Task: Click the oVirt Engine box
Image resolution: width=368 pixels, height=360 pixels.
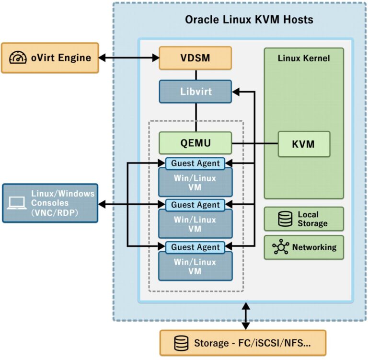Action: pyautogui.click(x=50, y=58)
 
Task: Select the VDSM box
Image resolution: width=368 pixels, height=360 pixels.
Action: pyautogui.click(x=195, y=58)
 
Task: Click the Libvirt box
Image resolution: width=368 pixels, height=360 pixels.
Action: pyautogui.click(x=195, y=91)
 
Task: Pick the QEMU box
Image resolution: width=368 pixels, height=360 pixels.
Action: pyautogui.click(x=195, y=143)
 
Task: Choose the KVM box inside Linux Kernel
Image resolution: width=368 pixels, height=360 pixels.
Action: pyautogui.click(x=304, y=144)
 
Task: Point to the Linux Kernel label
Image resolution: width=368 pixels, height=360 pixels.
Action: pyautogui.click(x=304, y=58)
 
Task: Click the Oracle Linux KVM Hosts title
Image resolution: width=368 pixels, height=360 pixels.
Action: pyautogui.click(x=249, y=20)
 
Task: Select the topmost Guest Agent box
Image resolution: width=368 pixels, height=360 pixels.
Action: pyautogui.click(x=195, y=163)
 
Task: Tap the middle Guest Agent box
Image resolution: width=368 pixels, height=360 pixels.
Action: pyautogui.click(x=195, y=205)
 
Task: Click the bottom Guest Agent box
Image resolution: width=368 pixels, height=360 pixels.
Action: pyautogui.click(x=195, y=247)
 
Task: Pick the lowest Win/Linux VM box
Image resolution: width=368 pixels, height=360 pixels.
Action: pyautogui.click(x=195, y=267)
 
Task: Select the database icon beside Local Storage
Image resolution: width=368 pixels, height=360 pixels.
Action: pyautogui.click(x=286, y=219)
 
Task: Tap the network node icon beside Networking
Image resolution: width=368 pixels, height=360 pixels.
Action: pyautogui.click(x=280, y=247)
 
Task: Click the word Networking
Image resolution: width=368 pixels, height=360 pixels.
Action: pyautogui.click(x=314, y=247)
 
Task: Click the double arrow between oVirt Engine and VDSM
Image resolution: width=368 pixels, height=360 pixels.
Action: pyautogui.click(x=129, y=58)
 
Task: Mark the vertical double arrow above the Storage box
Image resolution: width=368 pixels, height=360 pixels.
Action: pyautogui.click(x=246, y=316)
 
